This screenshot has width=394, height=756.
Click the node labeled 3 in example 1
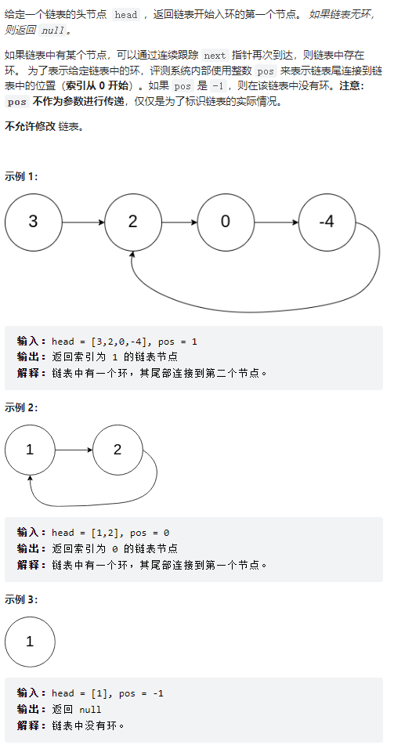[33, 222]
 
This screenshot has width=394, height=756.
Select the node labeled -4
[327, 222]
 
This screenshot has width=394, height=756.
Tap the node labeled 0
[226, 222]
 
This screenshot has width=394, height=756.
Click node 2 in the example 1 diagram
[133, 222]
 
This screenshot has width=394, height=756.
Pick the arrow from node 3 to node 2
[84, 222]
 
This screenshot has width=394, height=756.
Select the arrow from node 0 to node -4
[277, 222]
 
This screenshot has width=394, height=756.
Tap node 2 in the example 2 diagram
[117, 450]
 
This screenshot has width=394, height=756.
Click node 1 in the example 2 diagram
[30, 450]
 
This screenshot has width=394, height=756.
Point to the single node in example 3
[30, 642]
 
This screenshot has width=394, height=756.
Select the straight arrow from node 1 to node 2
[74, 450]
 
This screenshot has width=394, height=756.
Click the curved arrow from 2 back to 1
[96, 505]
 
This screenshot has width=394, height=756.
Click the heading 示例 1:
[21, 176]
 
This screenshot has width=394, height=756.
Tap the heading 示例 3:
[21, 599]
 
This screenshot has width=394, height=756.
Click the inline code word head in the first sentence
[126, 14]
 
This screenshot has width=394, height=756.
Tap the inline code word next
[215, 55]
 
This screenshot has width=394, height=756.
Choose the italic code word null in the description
[52, 31]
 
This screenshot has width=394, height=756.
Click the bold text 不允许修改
[30, 127]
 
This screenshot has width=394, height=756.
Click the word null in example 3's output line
[90, 709]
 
